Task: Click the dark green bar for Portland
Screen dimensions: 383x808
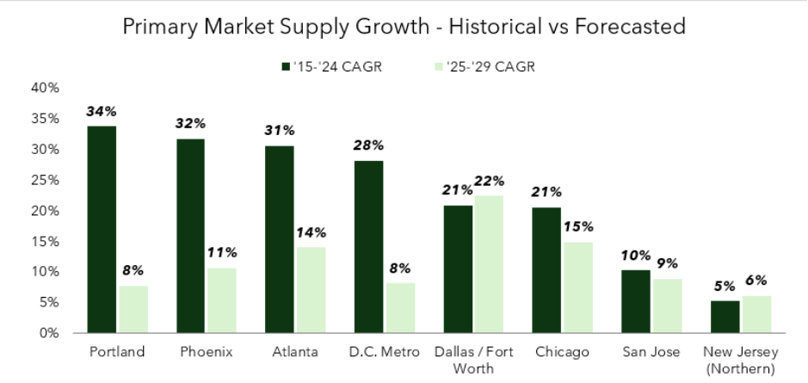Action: pyautogui.click(x=101, y=229)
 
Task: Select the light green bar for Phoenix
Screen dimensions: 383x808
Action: pyautogui.click(x=222, y=300)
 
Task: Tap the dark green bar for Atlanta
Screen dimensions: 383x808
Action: pyautogui.click(x=279, y=239)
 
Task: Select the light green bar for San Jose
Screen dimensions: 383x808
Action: pyautogui.click(x=667, y=306)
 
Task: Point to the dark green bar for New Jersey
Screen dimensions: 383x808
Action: pyautogui.click(x=725, y=317)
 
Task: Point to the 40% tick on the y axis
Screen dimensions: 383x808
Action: pyautogui.click(x=44, y=88)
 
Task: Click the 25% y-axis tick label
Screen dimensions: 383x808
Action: pyautogui.click(x=44, y=180)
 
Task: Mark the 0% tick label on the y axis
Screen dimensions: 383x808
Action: pyautogui.click(x=47, y=333)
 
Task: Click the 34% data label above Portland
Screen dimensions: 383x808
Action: pyautogui.click(x=101, y=112)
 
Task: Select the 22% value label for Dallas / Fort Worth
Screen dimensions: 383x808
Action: pyautogui.click(x=489, y=181)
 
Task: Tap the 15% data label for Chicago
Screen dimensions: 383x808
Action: pyautogui.click(x=577, y=227)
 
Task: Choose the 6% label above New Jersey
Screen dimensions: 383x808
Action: pyautogui.click(x=756, y=281)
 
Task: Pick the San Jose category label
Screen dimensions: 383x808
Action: pyautogui.click(x=651, y=352)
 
